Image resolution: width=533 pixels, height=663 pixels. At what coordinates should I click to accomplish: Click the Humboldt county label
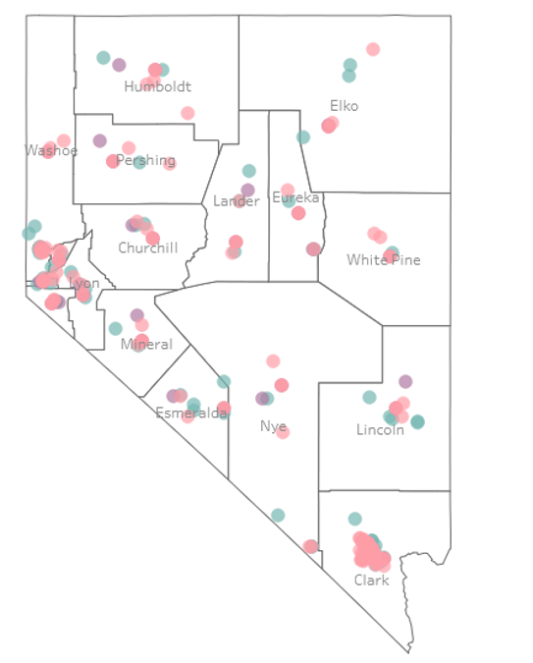[156, 86]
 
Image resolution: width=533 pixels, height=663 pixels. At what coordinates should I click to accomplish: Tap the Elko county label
[345, 106]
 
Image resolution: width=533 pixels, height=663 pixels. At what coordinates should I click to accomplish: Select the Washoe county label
[50, 150]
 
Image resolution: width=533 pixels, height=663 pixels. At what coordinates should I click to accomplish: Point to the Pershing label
[145, 160]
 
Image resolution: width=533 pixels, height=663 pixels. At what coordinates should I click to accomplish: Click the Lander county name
[237, 201]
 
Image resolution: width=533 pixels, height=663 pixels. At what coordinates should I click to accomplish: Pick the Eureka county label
[295, 199]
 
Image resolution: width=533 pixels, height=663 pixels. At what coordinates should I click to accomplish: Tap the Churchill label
[148, 248]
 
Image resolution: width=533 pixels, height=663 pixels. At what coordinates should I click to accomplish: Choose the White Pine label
[384, 260]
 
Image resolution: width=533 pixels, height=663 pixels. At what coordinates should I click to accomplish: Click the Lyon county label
[85, 284]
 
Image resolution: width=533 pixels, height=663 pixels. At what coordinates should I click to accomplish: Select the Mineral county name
[146, 345]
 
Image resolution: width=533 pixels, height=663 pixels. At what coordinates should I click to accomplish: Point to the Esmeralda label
[190, 413]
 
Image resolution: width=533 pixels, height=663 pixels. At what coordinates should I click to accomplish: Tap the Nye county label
[274, 426]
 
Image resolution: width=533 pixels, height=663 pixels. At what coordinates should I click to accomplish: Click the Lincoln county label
[380, 430]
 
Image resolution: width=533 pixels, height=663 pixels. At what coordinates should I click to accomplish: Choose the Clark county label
[372, 580]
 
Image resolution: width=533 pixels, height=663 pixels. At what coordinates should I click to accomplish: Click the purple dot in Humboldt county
[119, 65]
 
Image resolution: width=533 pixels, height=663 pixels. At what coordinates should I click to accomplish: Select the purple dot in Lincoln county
[405, 381]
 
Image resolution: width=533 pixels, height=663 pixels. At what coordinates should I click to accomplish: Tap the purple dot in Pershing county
[100, 140]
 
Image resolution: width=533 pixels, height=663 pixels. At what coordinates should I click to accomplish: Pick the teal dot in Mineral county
[116, 328]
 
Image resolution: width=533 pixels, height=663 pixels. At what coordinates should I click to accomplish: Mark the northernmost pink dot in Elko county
[373, 49]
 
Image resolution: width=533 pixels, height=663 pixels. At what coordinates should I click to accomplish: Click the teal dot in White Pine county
[393, 252]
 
